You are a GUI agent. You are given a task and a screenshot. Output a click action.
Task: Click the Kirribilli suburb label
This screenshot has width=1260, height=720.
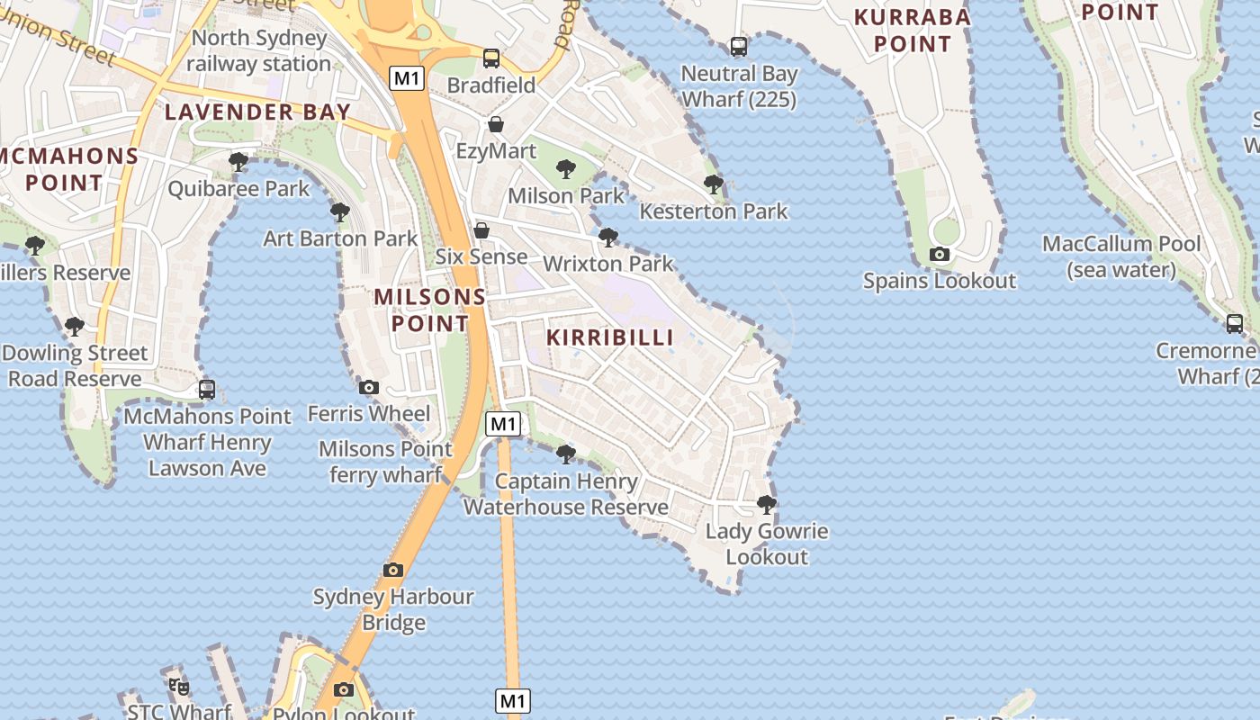(x=610, y=337)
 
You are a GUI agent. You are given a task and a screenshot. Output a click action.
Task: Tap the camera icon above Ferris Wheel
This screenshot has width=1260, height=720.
(x=368, y=388)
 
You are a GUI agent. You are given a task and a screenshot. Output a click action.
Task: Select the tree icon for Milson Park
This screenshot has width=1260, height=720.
(x=565, y=168)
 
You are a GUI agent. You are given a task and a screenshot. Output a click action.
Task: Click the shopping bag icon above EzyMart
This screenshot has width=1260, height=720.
(x=496, y=124)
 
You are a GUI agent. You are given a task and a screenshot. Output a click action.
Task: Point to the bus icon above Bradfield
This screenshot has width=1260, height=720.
(x=490, y=58)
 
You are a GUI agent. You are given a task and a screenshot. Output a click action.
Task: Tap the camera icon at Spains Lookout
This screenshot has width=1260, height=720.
(x=939, y=254)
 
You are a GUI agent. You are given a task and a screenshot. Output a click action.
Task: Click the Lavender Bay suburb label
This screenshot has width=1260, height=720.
(x=257, y=112)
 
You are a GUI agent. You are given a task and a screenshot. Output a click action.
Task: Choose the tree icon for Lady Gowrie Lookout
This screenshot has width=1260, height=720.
(x=766, y=504)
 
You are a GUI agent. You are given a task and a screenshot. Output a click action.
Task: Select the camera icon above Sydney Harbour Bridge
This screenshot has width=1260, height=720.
(x=392, y=570)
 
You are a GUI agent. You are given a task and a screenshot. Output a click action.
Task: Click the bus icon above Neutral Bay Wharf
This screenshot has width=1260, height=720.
(x=738, y=46)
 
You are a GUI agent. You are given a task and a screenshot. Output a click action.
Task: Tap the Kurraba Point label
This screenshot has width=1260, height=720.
(x=913, y=31)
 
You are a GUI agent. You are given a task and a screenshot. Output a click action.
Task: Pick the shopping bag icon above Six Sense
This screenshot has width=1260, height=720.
(x=481, y=230)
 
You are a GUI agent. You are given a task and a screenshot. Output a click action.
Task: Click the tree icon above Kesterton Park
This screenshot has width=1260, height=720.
(x=714, y=184)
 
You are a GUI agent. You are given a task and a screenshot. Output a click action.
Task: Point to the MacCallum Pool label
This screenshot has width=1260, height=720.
(x=1121, y=256)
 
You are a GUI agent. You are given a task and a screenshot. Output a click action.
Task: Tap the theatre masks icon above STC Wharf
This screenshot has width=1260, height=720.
(x=179, y=687)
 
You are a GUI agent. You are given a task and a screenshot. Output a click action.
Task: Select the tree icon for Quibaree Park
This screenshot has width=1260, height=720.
(x=238, y=162)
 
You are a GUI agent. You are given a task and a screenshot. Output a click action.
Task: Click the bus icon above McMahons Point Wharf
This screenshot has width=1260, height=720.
(x=207, y=390)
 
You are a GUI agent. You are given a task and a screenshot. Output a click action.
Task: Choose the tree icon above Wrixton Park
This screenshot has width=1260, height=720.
(x=608, y=237)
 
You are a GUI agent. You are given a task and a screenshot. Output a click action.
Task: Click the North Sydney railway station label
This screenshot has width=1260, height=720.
(x=258, y=51)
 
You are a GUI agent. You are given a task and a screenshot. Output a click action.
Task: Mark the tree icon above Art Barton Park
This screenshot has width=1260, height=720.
(x=340, y=212)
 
